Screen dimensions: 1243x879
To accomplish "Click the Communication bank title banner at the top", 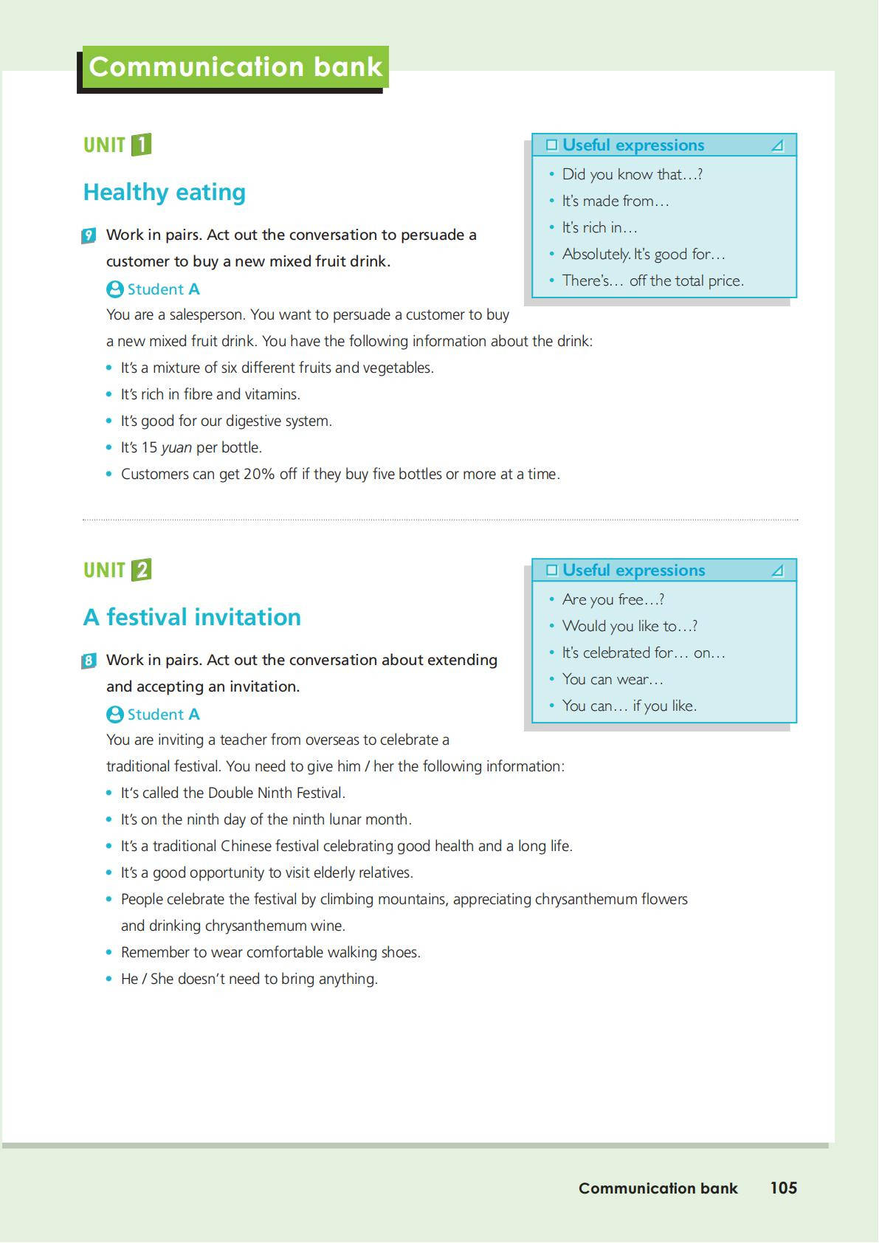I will click(235, 67).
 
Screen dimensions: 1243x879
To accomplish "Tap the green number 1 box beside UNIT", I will click(141, 145).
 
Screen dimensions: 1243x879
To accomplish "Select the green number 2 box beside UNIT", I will click(141, 570).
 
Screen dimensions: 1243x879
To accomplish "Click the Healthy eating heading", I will click(165, 192).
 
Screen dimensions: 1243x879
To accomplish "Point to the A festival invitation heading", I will click(193, 617).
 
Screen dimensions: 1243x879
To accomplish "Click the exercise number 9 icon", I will click(89, 236).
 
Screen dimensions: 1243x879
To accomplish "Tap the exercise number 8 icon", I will click(89, 661).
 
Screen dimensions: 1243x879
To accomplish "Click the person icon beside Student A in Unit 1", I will click(114, 289).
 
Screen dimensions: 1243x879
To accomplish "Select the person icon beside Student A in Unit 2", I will click(114, 715).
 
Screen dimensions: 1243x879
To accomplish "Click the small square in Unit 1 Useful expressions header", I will click(551, 145).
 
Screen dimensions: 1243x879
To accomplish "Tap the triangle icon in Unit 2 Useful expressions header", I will click(777, 571).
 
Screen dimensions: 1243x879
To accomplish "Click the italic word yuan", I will click(176, 447).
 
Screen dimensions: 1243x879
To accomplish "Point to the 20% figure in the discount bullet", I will click(259, 474).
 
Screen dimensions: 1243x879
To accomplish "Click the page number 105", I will click(784, 1188).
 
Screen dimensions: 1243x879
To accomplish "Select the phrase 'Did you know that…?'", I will click(632, 174).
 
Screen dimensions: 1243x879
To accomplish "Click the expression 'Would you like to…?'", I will click(630, 626).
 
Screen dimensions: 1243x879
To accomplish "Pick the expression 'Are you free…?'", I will click(613, 599).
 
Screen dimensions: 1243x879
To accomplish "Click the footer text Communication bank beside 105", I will click(658, 1188).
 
